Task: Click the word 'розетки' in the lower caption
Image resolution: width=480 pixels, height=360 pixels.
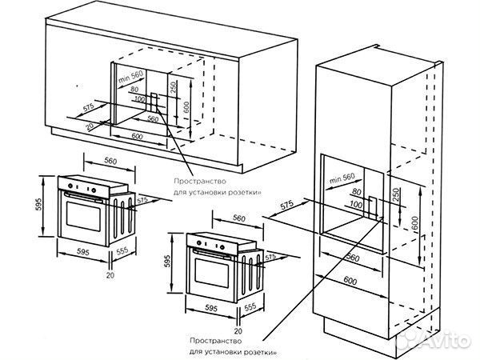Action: click(256, 350)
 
